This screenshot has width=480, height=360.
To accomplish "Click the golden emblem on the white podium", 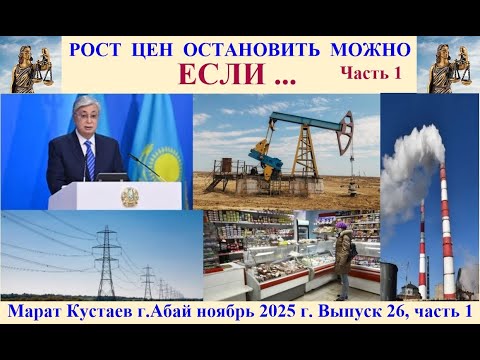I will (129, 196).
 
